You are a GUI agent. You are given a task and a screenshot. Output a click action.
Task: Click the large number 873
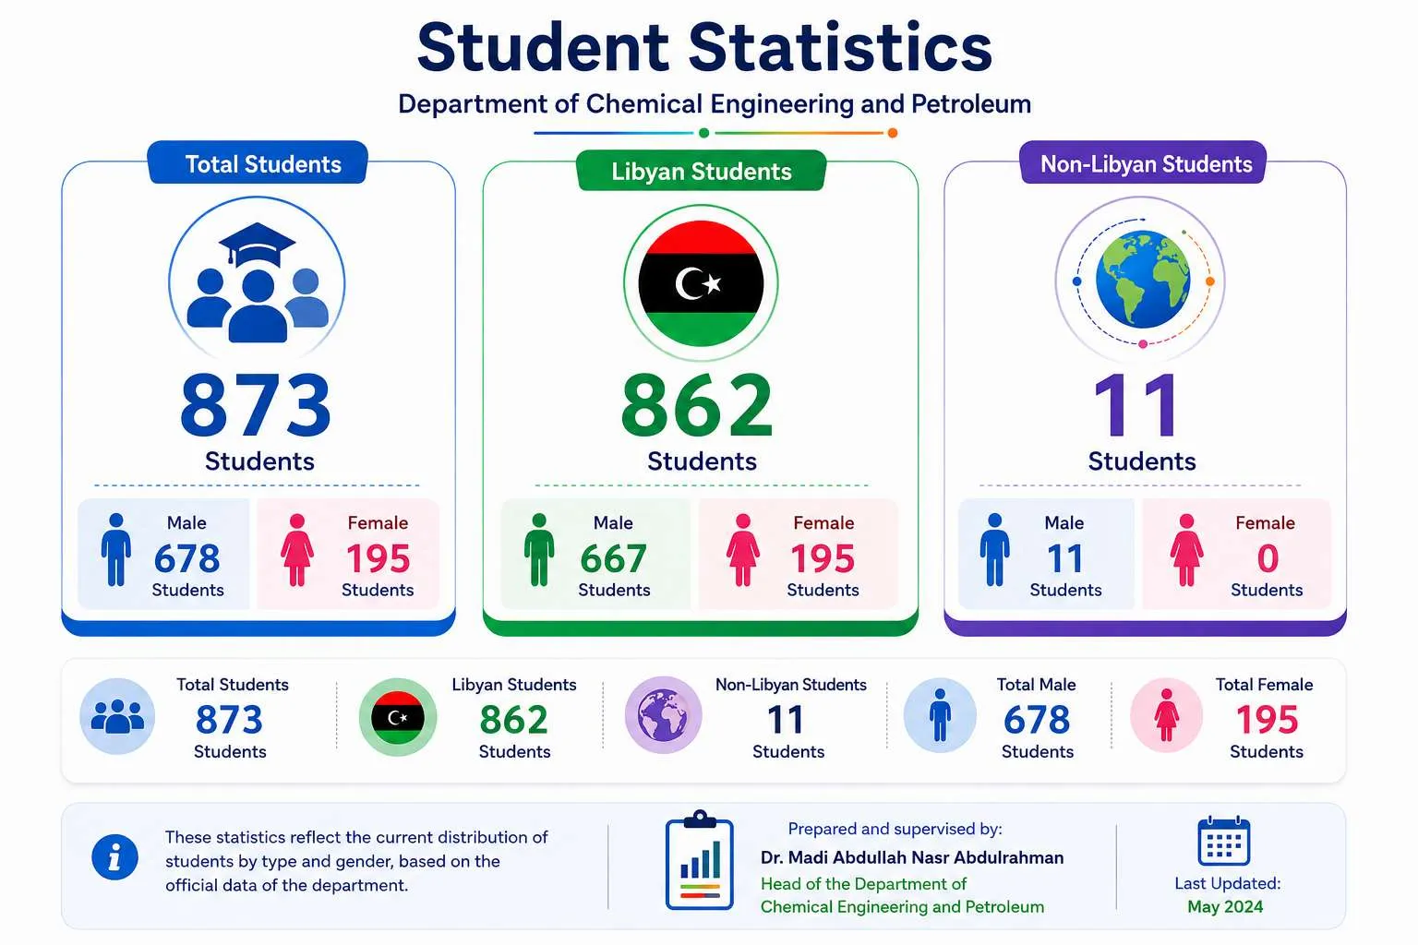256,405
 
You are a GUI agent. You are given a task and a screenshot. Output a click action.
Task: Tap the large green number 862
697,405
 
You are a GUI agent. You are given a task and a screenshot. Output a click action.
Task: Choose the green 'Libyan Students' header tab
702,171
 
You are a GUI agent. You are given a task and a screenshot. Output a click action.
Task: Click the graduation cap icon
257,244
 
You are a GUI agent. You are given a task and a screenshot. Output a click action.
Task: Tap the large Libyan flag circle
701,283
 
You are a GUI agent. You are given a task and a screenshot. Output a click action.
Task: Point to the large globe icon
1143,280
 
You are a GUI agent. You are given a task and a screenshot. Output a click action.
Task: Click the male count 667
613,558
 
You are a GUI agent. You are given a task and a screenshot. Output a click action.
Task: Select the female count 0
1268,558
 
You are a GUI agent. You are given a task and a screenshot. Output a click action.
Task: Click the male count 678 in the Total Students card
187,558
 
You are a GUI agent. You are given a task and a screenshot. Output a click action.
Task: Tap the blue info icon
114,857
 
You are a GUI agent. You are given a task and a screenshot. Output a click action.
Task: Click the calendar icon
1223,842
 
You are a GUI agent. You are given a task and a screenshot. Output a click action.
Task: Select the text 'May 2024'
1225,906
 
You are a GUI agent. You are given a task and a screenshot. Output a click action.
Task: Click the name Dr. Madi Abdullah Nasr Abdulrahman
912,857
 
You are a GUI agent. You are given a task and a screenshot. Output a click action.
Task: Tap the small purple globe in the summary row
664,715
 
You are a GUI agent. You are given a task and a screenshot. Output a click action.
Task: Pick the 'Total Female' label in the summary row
1264,684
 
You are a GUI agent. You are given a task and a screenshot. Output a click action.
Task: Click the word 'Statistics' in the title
840,47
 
